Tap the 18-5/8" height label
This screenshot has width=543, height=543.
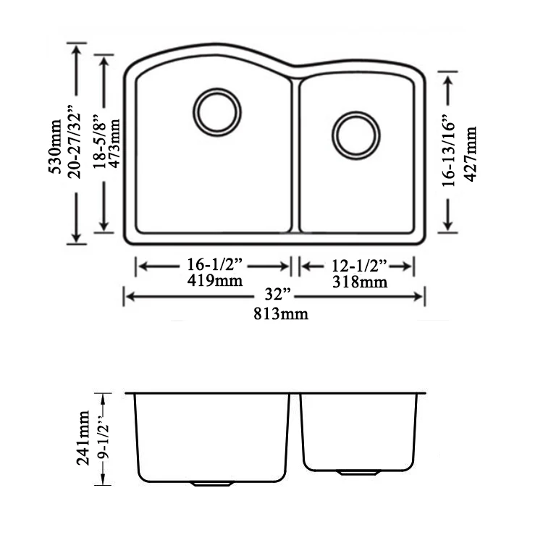click(99, 143)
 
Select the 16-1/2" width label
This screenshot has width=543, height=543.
click(214, 266)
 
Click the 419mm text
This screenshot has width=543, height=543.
click(214, 281)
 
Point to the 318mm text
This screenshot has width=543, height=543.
click(359, 282)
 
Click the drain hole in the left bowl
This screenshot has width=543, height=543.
click(217, 112)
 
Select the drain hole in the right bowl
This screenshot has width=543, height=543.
click(355, 134)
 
